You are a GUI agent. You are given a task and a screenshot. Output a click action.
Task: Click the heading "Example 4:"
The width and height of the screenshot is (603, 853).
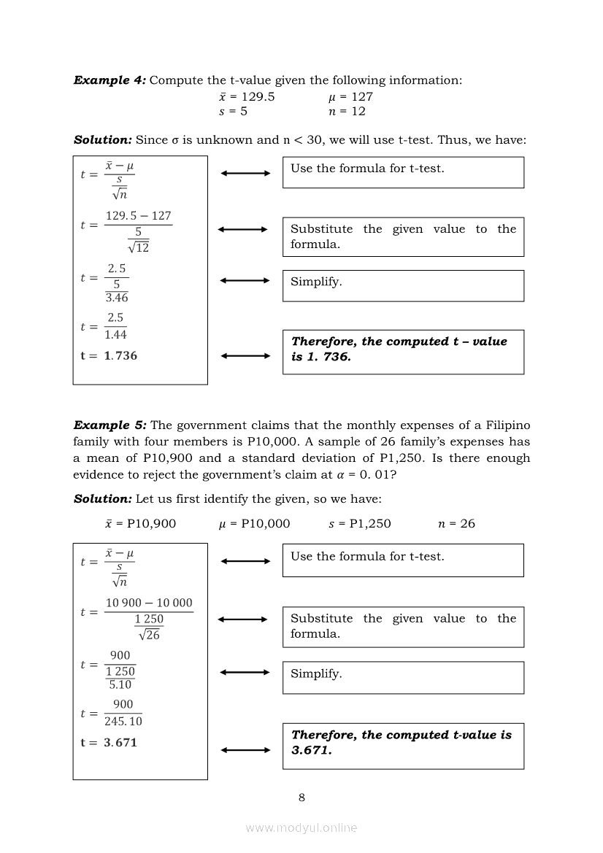pyautogui.click(x=110, y=80)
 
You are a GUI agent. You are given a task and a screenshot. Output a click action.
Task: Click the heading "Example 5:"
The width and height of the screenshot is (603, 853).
pyautogui.click(x=110, y=425)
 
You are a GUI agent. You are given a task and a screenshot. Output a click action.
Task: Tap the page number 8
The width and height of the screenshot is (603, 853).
pyautogui.click(x=301, y=797)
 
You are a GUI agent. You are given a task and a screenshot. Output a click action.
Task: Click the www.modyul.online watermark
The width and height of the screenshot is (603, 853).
pyautogui.click(x=301, y=827)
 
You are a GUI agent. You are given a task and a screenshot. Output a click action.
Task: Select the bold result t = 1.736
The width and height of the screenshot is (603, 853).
pyautogui.click(x=109, y=356)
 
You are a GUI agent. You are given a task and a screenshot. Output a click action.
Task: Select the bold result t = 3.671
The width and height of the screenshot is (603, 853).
pyautogui.click(x=109, y=743)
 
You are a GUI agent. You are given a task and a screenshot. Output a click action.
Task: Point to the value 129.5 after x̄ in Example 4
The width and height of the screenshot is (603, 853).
pyautogui.click(x=258, y=96)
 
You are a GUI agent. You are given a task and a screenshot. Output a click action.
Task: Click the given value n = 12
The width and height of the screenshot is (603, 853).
pyautogui.click(x=347, y=112)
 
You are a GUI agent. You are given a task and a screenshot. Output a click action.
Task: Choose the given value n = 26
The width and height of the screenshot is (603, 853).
pyautogui.click(x=456, y=523)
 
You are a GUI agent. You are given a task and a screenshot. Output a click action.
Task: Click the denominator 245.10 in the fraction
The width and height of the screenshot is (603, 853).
pyautogui.click(x=123, y=721)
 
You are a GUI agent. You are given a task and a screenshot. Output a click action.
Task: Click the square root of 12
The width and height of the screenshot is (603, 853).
pyautogui.click(x=138, y=247)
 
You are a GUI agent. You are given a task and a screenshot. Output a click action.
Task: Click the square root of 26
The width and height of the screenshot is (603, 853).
pyautogui.click(x=149, y=635)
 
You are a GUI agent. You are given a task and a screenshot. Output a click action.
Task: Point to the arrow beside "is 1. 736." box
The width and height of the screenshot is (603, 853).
pyautogui.click(x=245, y=356)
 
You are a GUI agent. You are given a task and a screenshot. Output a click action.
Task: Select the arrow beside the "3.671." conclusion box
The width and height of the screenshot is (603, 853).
pyautogui.click(x=245, y=750)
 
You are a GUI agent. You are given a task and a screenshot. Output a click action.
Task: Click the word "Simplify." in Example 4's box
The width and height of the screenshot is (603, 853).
pyautogui.click(x=316, y=282)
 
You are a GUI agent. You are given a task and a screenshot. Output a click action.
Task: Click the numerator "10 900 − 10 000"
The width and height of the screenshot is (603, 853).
pyautogui.click(x=149, y=603)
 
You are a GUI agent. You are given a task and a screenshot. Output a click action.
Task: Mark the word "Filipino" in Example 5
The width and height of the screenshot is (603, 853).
pyautogui.click(x=507, y=425)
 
